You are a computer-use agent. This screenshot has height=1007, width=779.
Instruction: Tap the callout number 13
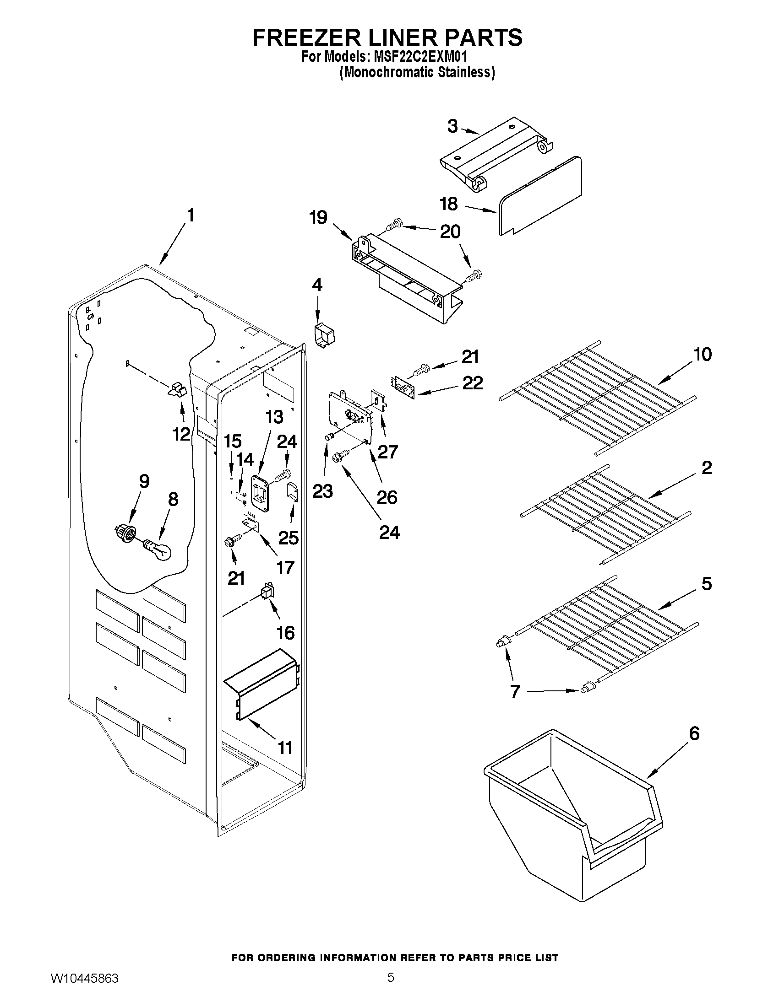point(274,417)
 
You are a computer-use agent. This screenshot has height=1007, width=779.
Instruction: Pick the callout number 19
point(318,217)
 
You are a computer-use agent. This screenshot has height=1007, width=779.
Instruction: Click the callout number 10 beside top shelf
point(702,354)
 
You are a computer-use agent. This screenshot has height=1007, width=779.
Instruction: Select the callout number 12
point(181,434)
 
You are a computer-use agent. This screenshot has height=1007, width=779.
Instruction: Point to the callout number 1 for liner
point(190,216)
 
